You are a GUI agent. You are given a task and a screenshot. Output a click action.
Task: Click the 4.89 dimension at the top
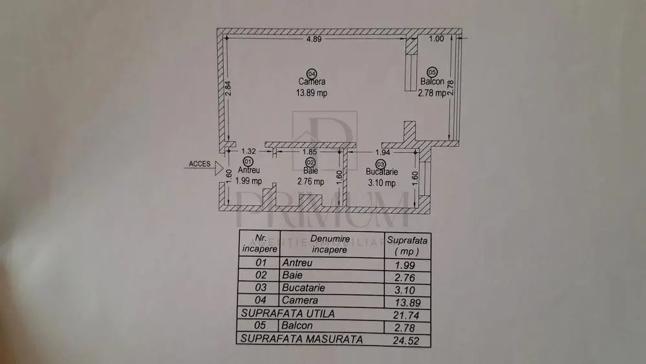coord(314,40)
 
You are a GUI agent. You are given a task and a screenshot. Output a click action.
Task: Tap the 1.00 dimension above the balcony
coord(436,39)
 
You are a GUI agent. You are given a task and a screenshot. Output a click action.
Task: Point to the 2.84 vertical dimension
coord(228,89)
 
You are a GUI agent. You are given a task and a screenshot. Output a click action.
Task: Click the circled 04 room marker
coord(312,74)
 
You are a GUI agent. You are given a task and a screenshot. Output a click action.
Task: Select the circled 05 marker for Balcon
coord(432,73)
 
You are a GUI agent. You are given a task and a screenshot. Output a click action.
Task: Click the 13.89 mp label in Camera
coord(312,93)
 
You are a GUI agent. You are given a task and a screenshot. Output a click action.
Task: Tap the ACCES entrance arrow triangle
coord(219,168)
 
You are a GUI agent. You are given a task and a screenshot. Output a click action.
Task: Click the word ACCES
coord(199,164)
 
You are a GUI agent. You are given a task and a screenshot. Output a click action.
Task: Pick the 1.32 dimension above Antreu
coord(248,152)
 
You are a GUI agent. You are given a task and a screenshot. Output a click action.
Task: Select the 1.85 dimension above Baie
coord(310,152)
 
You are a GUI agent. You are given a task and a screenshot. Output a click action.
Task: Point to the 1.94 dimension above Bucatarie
coord(383,152)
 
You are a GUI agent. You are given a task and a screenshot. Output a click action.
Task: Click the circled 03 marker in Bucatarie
coord(380,165)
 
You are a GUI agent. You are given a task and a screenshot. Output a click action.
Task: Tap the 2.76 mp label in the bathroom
coord(310,181)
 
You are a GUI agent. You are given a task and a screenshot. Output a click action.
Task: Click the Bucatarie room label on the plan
coord(382,172)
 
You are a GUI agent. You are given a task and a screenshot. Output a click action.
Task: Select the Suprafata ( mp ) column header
coord(407,245)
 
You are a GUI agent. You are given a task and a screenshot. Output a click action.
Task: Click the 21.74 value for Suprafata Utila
coord(406,315)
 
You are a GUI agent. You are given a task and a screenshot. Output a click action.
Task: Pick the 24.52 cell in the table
coord(406,341)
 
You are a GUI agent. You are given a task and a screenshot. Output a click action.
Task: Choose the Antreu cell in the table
coord(297,263)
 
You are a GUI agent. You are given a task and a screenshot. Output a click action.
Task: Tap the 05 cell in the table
coord(260,325)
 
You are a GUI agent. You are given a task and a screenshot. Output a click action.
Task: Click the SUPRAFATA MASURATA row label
coord(301,339)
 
